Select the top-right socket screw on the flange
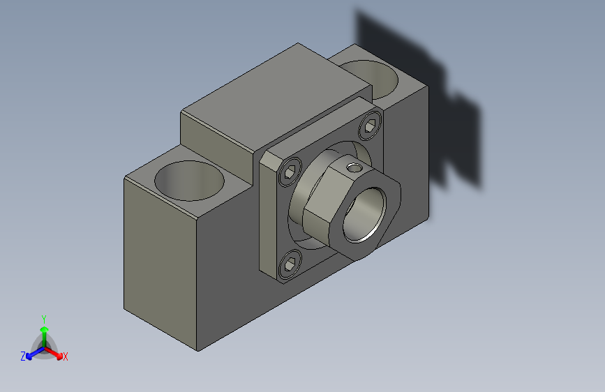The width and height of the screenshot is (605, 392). click(371, 128)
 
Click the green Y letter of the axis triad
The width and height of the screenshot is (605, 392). click(44, 318)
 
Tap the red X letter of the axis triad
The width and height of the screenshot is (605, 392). click(66, 356)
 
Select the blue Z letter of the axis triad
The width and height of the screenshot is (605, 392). click(23, 356)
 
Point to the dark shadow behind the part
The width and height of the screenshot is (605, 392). click(419, 91)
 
